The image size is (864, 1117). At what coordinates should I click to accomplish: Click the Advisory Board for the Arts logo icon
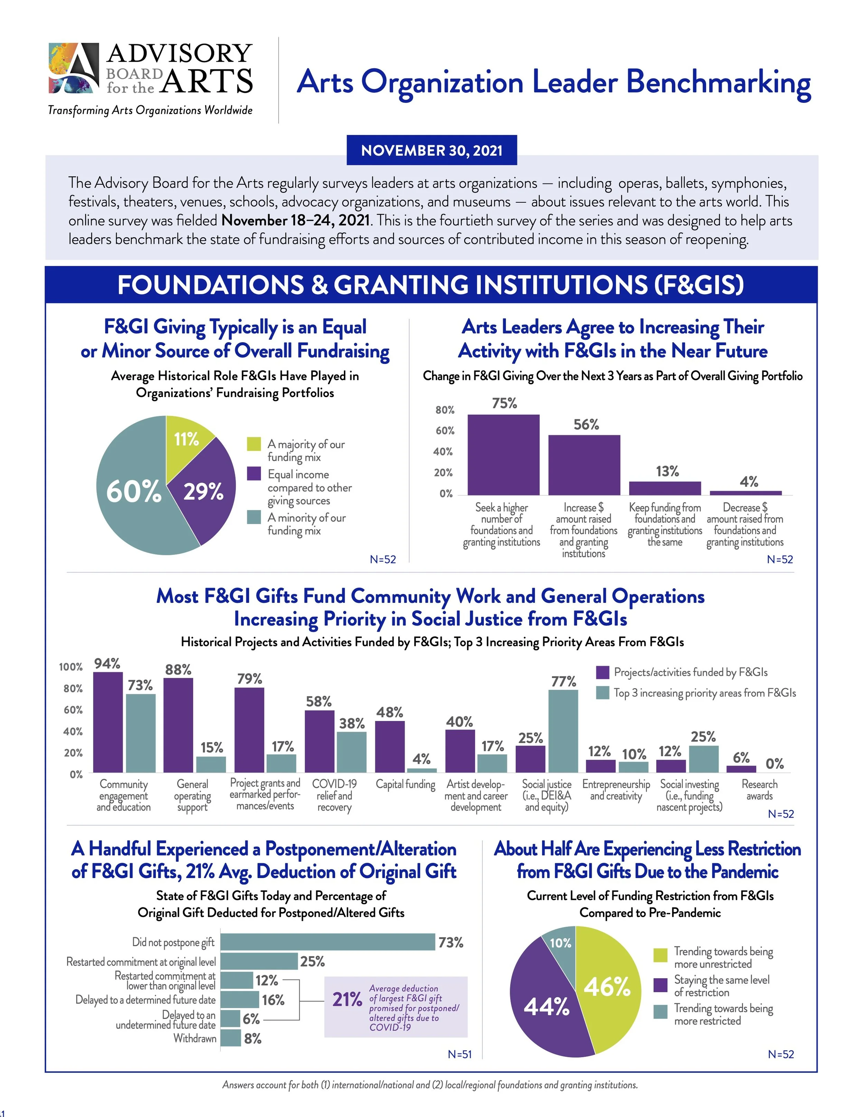coord(74,68)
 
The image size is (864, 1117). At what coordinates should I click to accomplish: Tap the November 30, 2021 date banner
coord(432,150)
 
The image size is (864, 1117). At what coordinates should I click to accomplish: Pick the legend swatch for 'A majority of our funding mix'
coord(254,444)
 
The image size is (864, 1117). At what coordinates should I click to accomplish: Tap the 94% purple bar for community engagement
coord(107,722)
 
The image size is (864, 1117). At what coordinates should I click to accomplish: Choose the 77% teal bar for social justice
coord(563,731)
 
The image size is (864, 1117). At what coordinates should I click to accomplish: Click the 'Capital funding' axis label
coord(405,784)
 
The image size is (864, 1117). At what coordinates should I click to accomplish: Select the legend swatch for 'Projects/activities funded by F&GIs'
coord(602,672)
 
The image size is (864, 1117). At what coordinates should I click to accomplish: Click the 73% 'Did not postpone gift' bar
coord(328,942)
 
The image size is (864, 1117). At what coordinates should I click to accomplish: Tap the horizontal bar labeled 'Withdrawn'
coord(230,1038)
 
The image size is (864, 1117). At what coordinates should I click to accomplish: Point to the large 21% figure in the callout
coord(347,999)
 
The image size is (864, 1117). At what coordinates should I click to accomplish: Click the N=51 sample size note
coord(459,1054)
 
